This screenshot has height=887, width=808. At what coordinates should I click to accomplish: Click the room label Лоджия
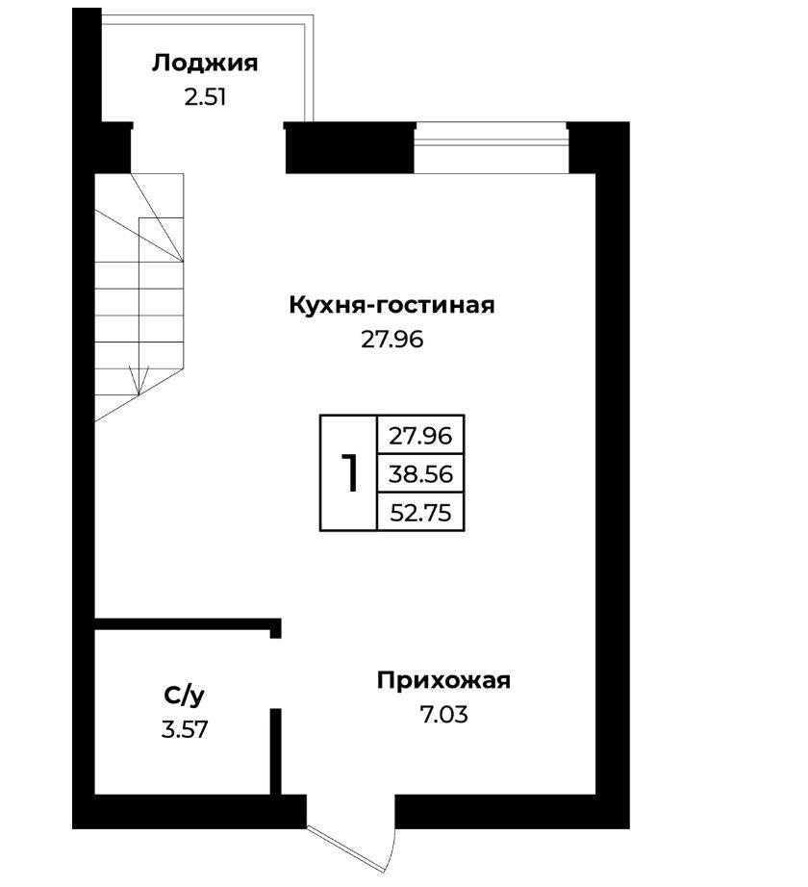click(204, 63)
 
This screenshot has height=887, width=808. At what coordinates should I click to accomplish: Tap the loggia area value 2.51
click(205, 97)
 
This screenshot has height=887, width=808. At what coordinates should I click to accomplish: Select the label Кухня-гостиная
click(391, 305)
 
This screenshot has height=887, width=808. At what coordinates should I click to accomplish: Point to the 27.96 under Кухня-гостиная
click(391, 340)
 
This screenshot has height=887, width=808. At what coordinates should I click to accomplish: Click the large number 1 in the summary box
click(349, 473)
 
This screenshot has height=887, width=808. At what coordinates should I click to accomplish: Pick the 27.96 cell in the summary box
click(420, 436)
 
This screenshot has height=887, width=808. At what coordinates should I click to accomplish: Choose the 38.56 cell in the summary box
click(420, 474)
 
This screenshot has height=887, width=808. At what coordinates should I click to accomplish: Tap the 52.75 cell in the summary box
click(421, 513)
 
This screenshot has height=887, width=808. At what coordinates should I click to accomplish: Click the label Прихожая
click(443, 680)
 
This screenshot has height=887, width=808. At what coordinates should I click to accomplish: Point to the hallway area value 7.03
click(443, 715)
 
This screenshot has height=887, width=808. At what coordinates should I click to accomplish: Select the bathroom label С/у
click(185, 696)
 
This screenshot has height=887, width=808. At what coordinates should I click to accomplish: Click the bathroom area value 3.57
click(185, 730)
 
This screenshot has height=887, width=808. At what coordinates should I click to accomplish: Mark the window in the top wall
click(491, 148)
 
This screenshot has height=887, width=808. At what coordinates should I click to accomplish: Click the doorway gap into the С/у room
click(275, 673)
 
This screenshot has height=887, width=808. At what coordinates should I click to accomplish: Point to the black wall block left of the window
click(349, 148)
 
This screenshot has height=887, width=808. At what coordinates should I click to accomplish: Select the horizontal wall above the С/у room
click(188, 624)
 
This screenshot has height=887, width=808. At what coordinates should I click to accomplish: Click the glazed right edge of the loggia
click(309, 68)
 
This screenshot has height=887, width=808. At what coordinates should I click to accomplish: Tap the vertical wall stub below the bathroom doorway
click(275, 751)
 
